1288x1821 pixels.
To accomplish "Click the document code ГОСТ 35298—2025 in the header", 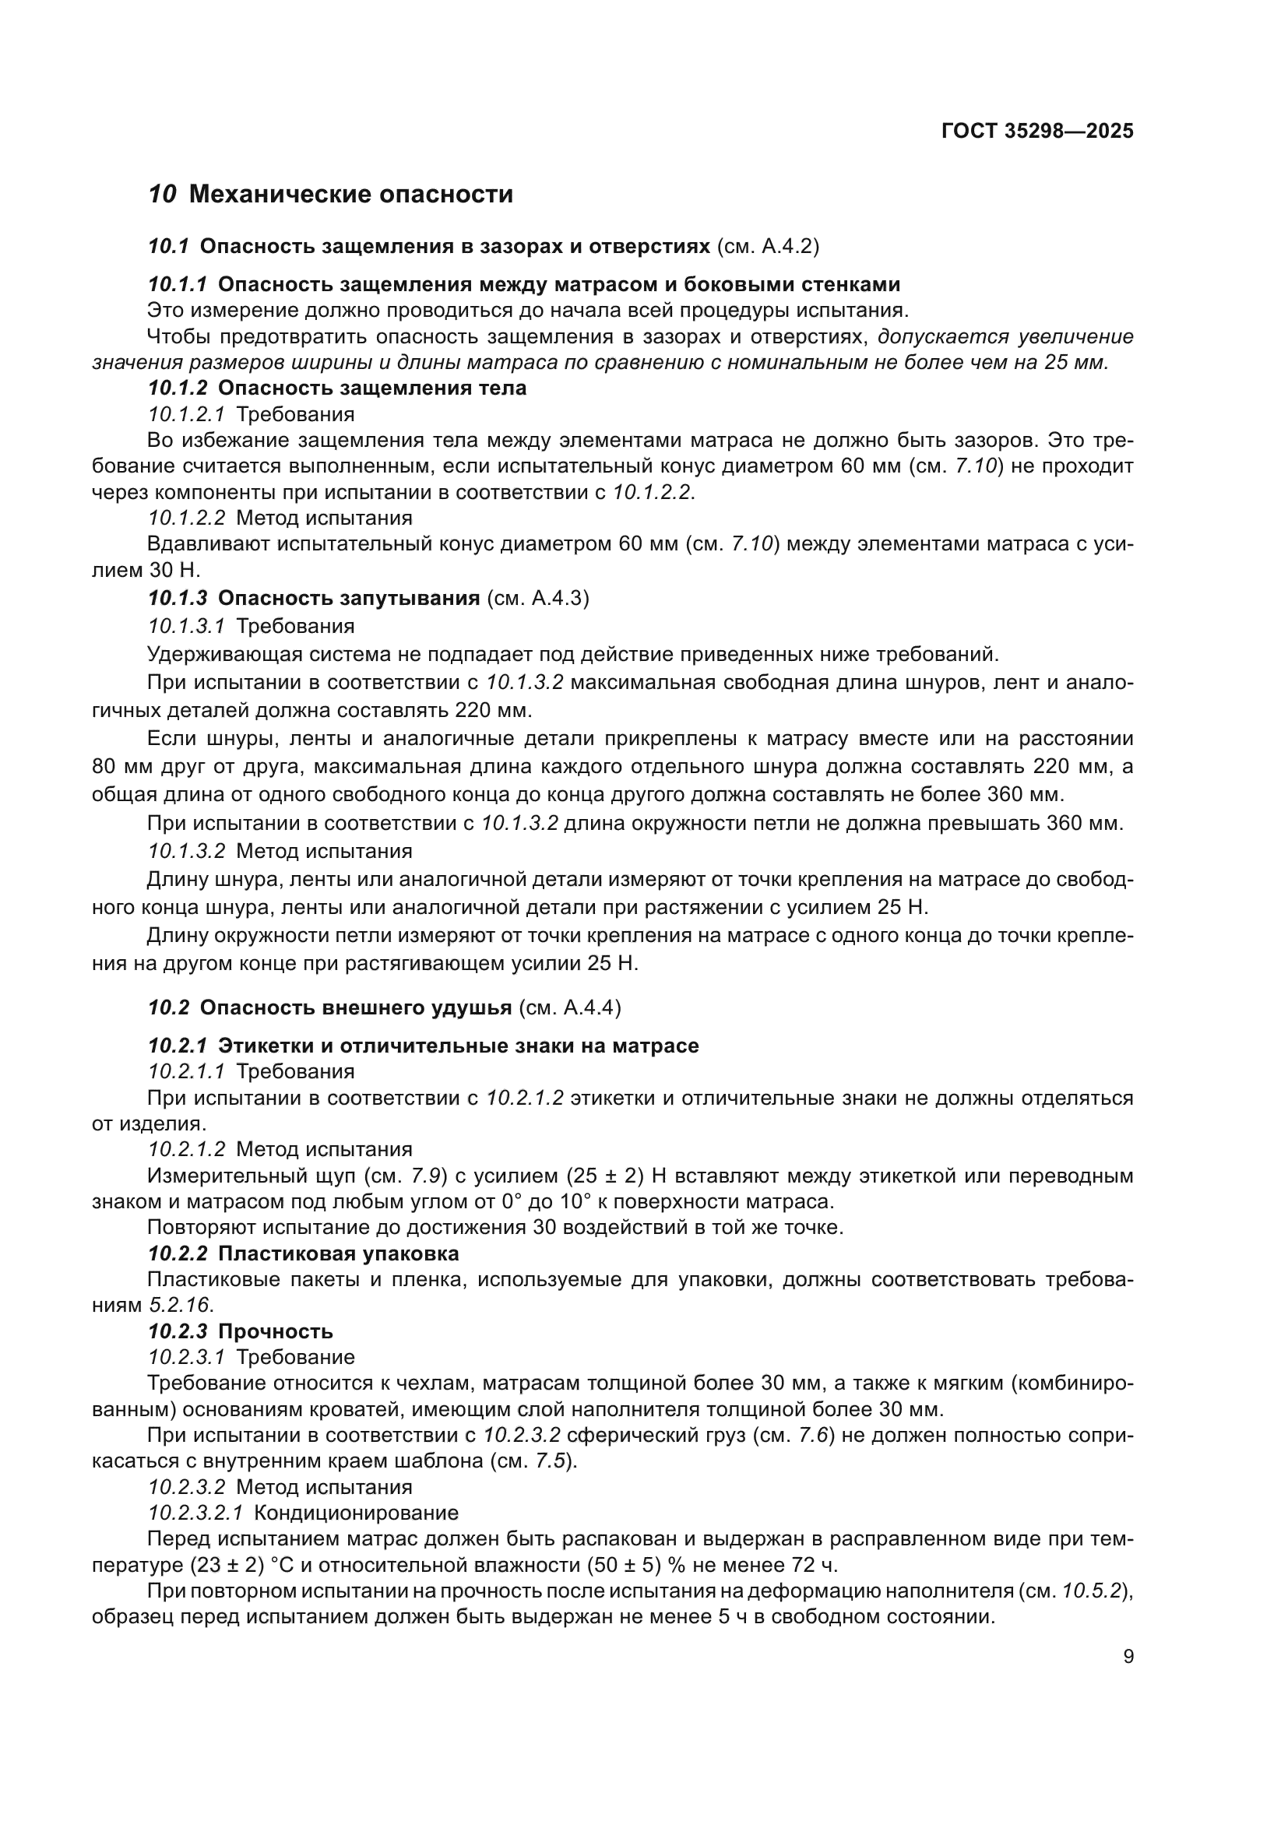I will (1036, 131).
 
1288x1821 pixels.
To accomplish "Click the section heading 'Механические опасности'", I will (351, 195).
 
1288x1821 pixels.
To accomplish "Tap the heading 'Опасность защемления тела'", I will (372, 388).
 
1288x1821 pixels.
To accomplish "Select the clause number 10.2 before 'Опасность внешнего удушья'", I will (168, 1007).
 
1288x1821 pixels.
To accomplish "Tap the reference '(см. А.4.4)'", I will (569, 1007).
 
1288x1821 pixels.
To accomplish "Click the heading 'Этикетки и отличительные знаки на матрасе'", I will (459, 1046).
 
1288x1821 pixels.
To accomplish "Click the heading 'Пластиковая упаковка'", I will (339, 1254).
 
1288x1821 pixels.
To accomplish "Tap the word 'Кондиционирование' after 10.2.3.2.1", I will (356, 1513).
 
